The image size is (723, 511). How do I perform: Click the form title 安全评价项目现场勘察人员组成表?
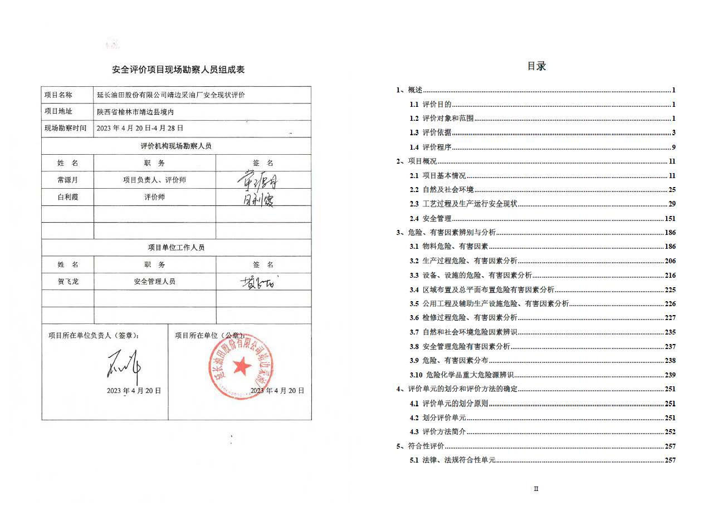pyautogui.click(x=178, y=70)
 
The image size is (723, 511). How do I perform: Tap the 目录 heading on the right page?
pyautogui.click(x=536, y=66)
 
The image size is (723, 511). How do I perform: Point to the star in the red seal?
pyautogui.click(x=242, y=365)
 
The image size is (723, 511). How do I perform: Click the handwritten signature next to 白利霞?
pyautogui.click(x=258, y=199)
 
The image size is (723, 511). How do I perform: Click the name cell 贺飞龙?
pyautogui.click(x=68, y=282)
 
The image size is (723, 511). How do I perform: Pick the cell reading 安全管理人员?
pyautogui.click(x=154, y=282)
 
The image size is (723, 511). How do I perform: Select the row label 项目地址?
pyautogui.click(x=58, y=111)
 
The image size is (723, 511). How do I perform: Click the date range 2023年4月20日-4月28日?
pyautogui.click(x=140, y=128)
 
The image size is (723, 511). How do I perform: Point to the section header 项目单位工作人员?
pyautogui.click(x=176, y=247)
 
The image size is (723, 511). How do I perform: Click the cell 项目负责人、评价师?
pyautogui.click(x=154, y=180)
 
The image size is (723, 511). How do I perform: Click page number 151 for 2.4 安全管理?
pyautogui.click(x=670, y=219)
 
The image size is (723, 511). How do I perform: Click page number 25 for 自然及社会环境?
pyautogui.click(x=672, y=190)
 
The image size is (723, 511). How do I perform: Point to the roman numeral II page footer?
pyautogui.click(x=536, y=489)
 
